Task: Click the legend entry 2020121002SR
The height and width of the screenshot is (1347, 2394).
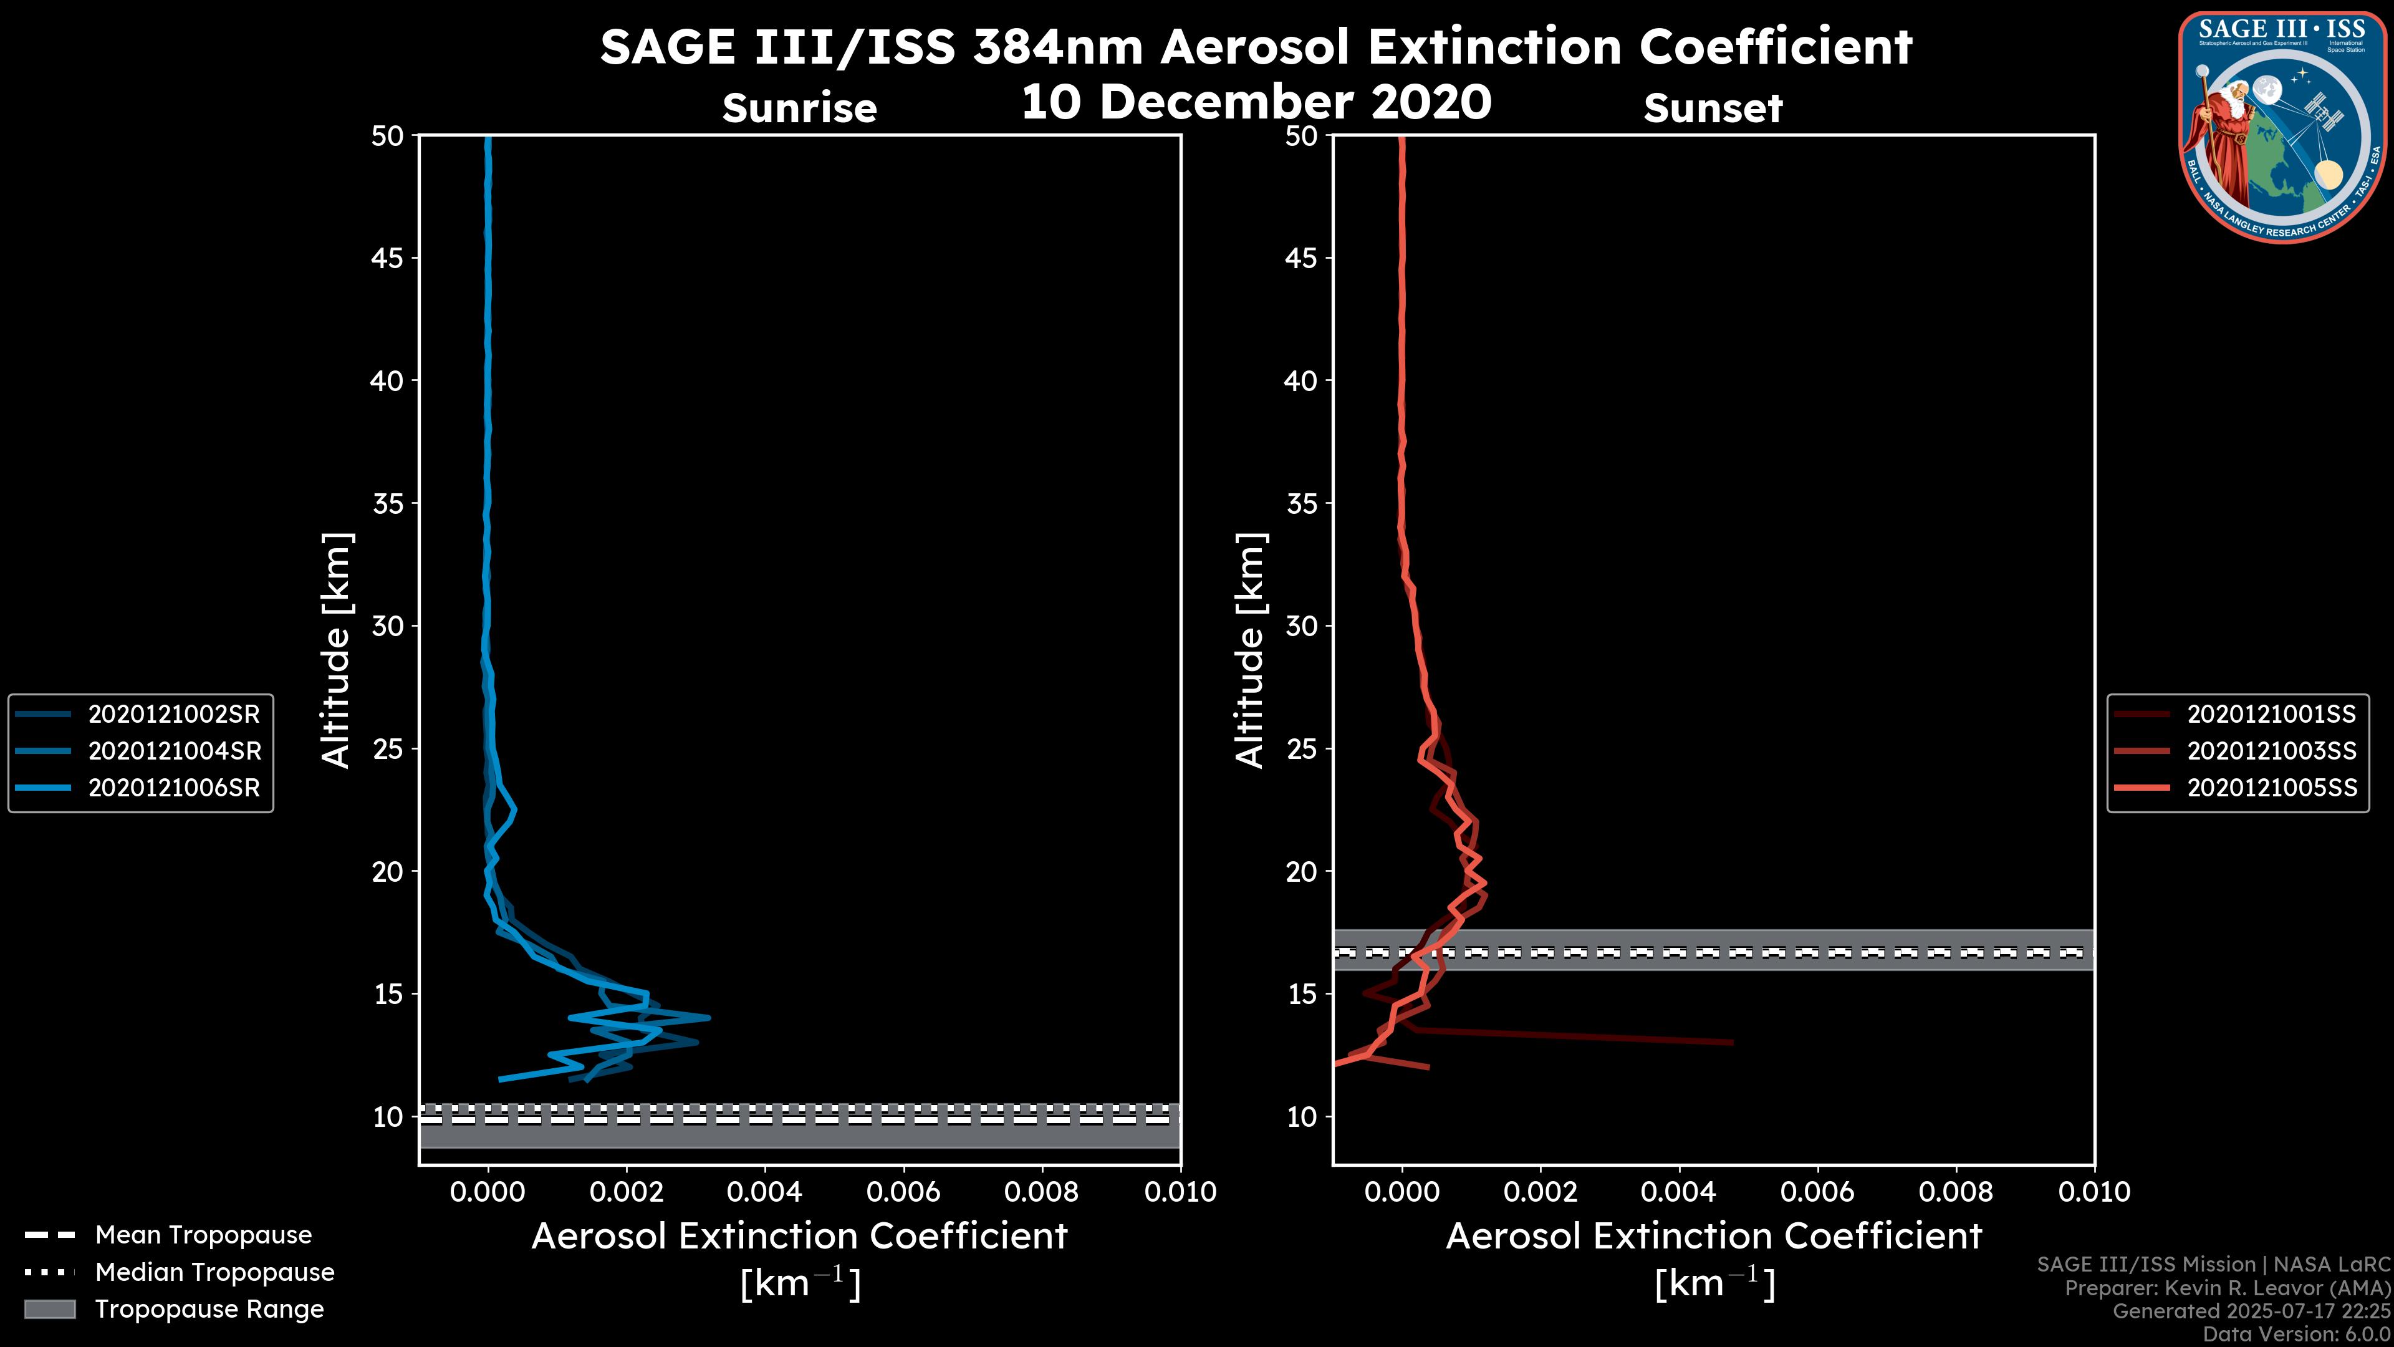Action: [x=174, y=714]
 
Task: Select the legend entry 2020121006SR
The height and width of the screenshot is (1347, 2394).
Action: [x=174, y=788]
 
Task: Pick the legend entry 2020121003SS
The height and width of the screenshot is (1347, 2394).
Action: [x=2271, y=750]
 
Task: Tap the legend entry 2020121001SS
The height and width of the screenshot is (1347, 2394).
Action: [x=2271, y=714]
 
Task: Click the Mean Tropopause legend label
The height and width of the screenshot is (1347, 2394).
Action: [x=203, y=1235]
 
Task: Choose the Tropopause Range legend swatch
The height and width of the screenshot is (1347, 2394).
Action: [x=49, y=1309]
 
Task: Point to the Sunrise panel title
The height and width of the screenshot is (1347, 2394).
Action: [x=799, y=108]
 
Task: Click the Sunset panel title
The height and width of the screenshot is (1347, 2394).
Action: [x=1713, y=108]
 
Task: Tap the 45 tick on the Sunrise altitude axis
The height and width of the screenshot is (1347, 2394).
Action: [x=388, y=258]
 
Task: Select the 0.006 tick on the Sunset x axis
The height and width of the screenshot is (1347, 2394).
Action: [x=1819, y=1192]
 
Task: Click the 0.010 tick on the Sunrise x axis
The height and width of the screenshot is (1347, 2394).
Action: [x=1180, y=1192]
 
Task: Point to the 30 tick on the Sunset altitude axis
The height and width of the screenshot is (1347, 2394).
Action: [x=1301, y=625]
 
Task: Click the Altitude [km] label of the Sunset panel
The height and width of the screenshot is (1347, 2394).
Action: [x=1250, y=650]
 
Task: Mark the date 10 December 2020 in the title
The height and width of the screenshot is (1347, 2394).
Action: [x=1256, y=101]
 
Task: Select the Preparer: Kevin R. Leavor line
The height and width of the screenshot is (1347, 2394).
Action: [x=2227, y=1288]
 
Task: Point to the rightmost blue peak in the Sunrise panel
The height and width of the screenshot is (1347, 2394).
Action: [x=709, y=1018]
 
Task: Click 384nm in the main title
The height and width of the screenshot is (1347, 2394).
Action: [x=1057, y=47]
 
